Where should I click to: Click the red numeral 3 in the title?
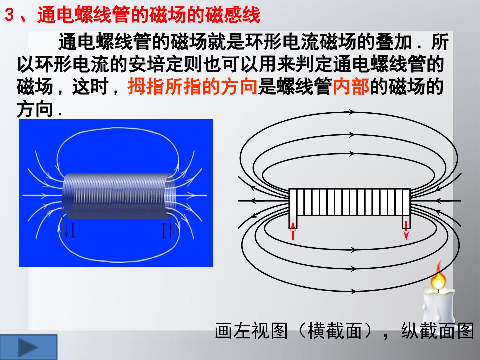[9, 15]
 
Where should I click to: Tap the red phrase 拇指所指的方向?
[192, 87]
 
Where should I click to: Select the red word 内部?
[351, 87]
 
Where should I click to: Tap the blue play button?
[28, 347]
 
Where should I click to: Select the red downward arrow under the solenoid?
[406, 230]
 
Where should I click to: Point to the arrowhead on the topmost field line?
[351, 112]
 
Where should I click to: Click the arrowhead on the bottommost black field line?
[353, 291]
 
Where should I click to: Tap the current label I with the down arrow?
[70, 230]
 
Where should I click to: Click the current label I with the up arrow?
[167, 230]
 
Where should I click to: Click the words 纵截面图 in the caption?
[437, 331]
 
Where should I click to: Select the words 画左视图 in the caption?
[251, 331]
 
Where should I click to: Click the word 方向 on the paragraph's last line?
[35, 109]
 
